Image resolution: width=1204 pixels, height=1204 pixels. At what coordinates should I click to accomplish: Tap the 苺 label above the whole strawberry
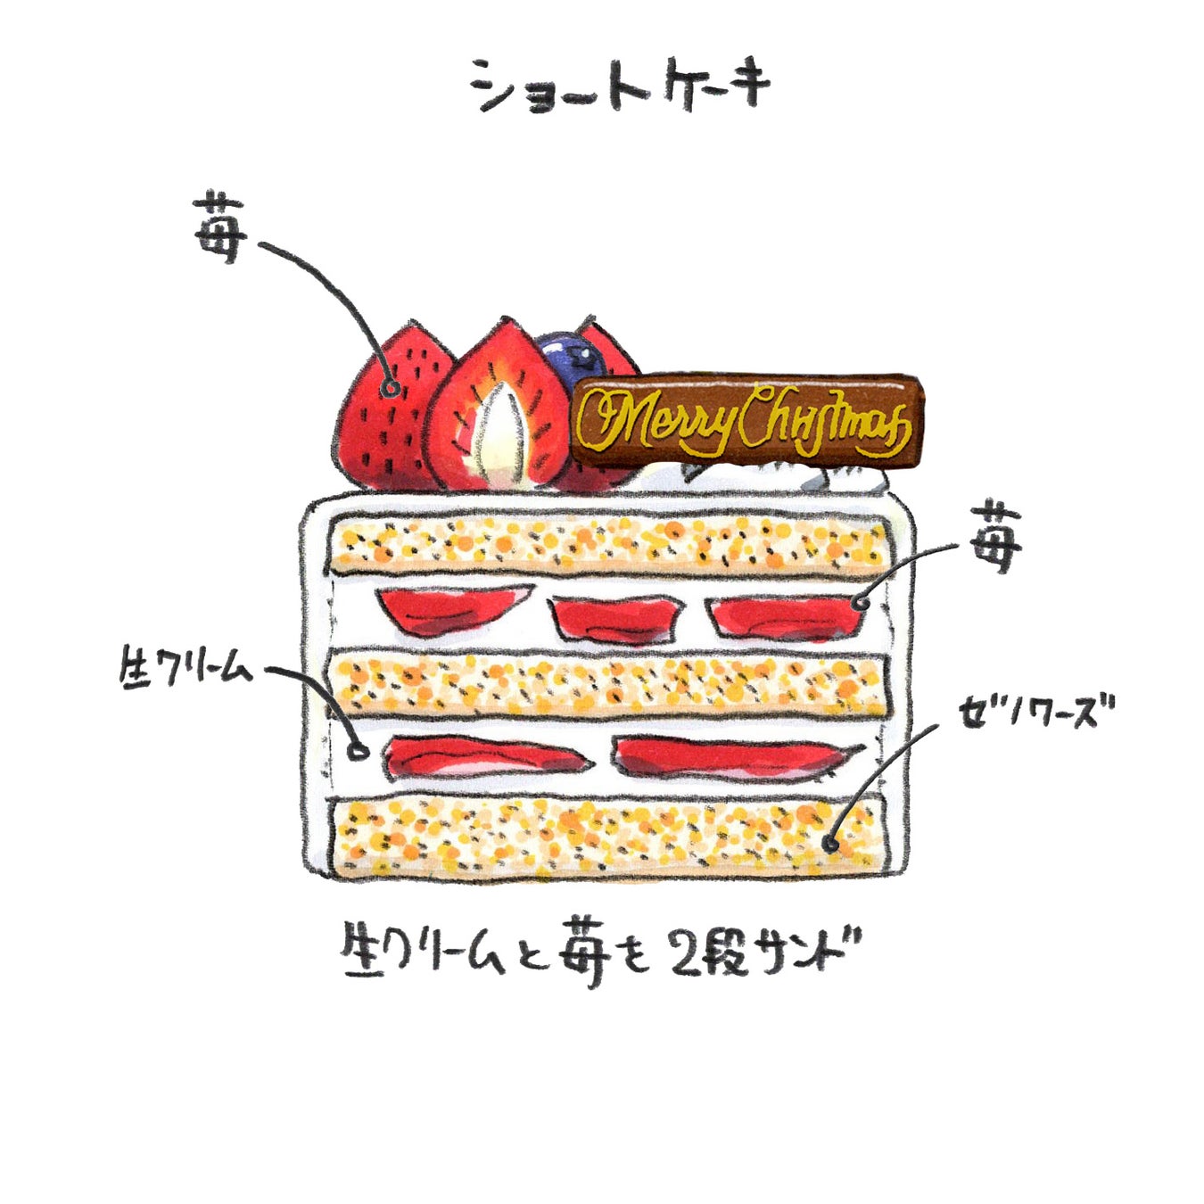point(218,227)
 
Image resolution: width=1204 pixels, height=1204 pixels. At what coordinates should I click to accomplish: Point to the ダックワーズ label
point(1037,713)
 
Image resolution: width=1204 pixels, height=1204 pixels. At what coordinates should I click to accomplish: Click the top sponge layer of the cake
point(608,543)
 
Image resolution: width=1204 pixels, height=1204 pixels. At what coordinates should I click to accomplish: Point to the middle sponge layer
point(608,685)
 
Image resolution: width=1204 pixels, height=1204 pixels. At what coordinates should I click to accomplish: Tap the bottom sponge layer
point(608,834)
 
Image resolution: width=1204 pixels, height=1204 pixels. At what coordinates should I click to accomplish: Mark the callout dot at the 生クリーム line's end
point(359,751)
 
